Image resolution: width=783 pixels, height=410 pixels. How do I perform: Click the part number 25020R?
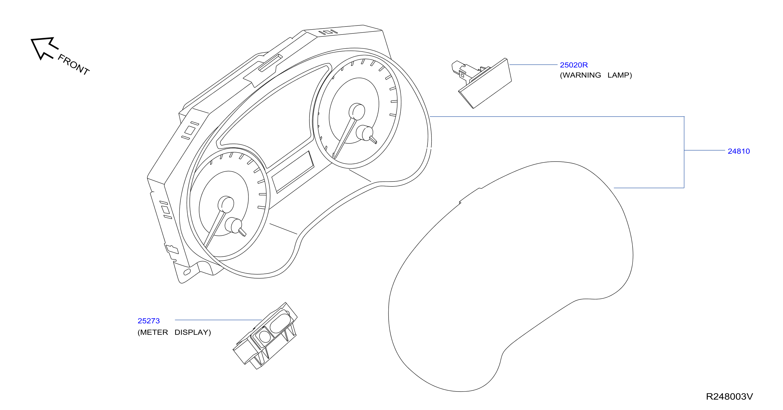tap(574, 65)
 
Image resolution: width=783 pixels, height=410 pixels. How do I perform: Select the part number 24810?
tap(739, 151)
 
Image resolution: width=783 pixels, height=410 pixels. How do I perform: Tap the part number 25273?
tap(149, 321)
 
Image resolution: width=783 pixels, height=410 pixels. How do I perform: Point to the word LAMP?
tap(618, 75)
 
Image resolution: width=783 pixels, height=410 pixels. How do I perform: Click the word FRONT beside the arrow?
tap(73, 64)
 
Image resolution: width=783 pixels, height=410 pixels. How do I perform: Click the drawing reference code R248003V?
tap(729, 397)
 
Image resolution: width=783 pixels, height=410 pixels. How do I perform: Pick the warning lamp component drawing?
tap(482, 83)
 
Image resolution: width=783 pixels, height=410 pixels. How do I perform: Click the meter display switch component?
tap(265, 336)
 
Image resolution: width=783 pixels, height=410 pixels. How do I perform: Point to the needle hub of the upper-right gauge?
tap(357, 111)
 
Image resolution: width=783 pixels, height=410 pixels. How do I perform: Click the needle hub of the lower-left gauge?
tap(226, 204)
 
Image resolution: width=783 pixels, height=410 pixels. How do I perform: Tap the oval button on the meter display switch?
tap(280, 323)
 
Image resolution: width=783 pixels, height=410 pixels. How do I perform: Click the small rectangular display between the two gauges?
tap(293, 172)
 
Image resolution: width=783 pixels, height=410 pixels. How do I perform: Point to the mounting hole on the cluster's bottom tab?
tap(187, 272)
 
